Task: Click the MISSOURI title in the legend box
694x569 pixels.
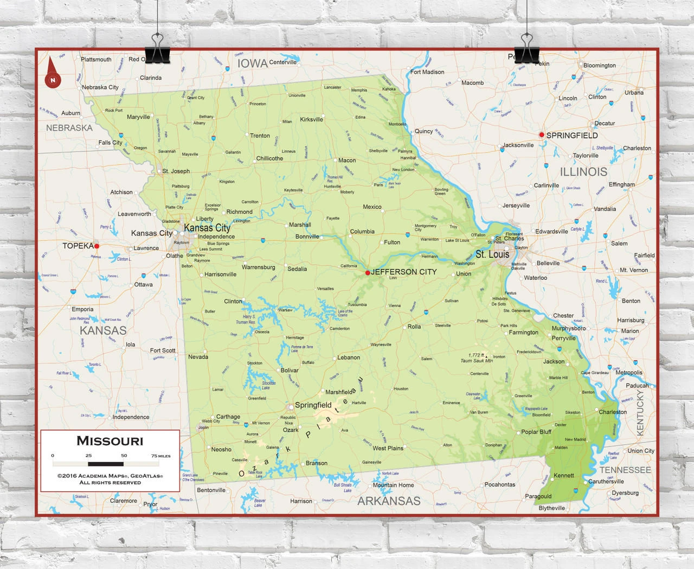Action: point(110,441)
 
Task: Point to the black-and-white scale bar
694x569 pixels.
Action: point(106,464)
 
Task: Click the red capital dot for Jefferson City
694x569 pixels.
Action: point(368,273)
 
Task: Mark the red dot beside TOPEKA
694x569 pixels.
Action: point(97,246)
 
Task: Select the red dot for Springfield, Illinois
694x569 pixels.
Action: point(541,135)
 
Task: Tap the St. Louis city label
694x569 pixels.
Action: point(492,254)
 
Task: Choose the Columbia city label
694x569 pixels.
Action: point(362,232)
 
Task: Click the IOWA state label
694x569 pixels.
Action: point(253,63)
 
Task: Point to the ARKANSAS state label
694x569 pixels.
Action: point(389,501)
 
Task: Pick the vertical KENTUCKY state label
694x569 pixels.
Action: point(640,413)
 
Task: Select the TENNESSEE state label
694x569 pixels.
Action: point(625,470)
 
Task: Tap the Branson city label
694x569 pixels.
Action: point(316,463)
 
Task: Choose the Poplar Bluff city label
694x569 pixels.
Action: point(536,432)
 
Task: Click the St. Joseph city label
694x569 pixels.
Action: point(176,171)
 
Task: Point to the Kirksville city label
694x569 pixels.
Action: point(311,119)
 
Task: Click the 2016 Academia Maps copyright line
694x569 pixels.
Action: point(110,476)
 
